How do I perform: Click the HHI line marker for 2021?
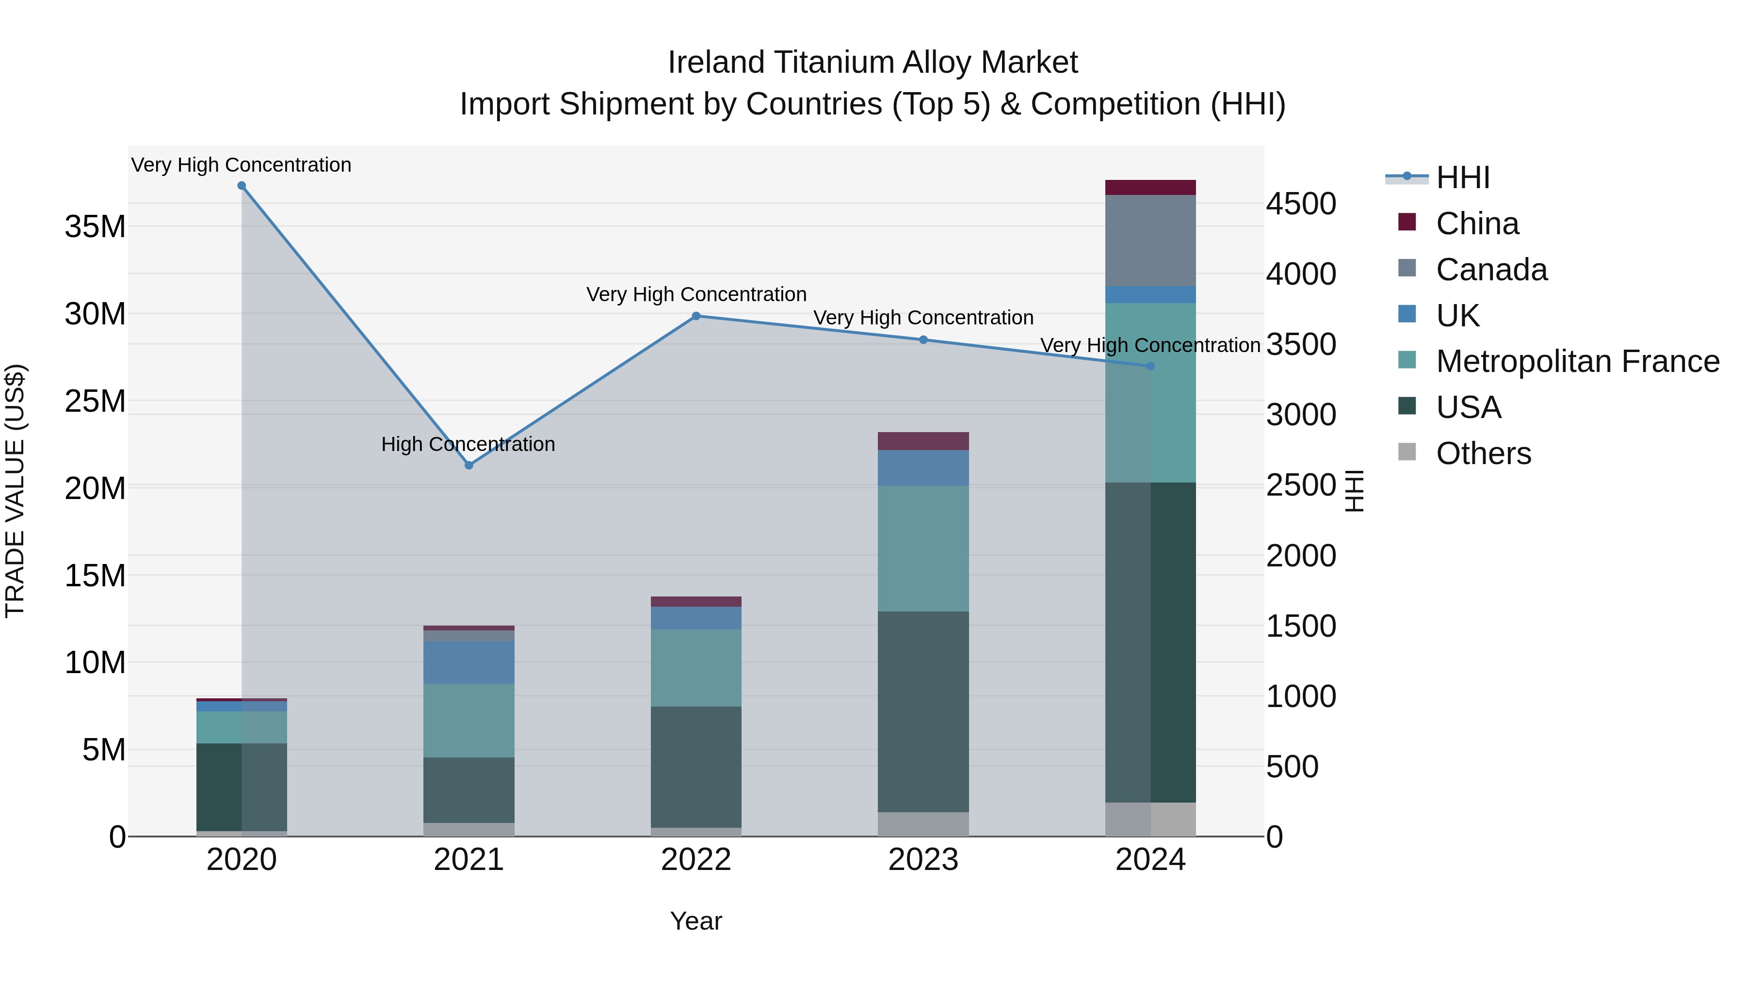pyautogui.click(x=469, y=465)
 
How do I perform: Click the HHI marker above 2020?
pyautogui.click(x=242, y=186)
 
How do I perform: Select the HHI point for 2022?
pyautogui.click(x=695, y=316)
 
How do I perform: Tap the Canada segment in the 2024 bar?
pyautogui.click(x=1150, y=241)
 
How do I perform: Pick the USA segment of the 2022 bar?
pyautogui.click(x=695, y=767)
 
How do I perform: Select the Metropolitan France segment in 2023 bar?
pyautogui.click(x=922, y=548)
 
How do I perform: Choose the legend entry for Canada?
pyautogui.click(x=1491, y=270)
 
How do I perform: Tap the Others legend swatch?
pyautogui.click(x=1407, y=452)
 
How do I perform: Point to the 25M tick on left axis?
pyautogui.click(x=96, y=401)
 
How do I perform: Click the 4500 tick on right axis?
pyautogui.click(x=1300, y=204)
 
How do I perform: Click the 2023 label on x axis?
pyautogui.click(x=922, y=860)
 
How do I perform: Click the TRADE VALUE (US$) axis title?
pyautogui.click(x=15, y=491)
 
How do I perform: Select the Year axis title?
pyautogui.click(x=695, y=921)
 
